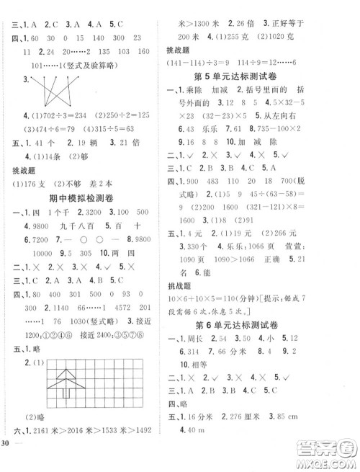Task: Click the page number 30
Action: (x=5, y=461)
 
